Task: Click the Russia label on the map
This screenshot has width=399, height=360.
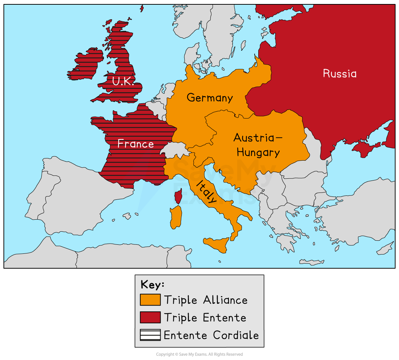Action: [340, 74]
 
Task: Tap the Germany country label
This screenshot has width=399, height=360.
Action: [210, 98]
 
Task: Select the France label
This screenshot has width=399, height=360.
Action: [136, 144]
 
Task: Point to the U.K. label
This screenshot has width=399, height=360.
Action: [123, 82]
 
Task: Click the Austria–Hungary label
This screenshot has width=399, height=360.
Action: [258, 145]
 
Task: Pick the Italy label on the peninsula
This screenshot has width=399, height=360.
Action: [207, 192]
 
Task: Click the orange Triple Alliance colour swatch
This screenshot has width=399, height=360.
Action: [150, 300]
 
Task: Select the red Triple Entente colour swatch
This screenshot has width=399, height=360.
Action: [150, 317]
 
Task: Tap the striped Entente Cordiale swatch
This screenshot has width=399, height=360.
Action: [150, 335]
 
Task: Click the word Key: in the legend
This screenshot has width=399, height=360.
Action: [152, 285]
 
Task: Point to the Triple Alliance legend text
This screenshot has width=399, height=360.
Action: [206, 300]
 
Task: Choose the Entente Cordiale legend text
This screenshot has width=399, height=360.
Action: [211, 335]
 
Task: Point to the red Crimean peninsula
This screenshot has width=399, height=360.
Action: [366, 147]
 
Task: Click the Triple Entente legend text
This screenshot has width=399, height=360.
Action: [205, 318]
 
